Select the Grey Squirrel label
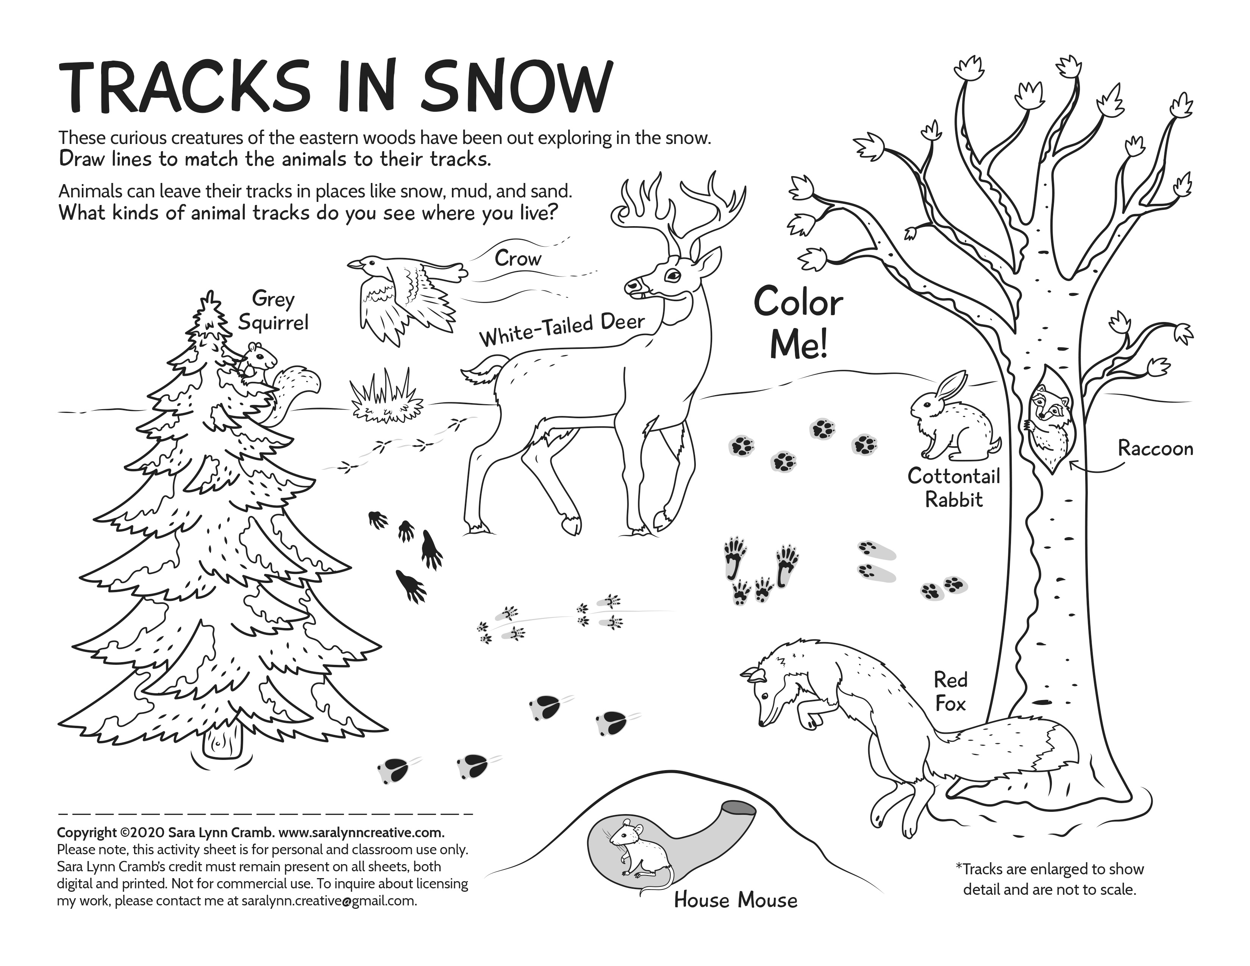coord(273,311)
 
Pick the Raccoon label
coord(1156,449)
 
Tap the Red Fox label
coord(951,691)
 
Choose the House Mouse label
coord(736,900)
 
